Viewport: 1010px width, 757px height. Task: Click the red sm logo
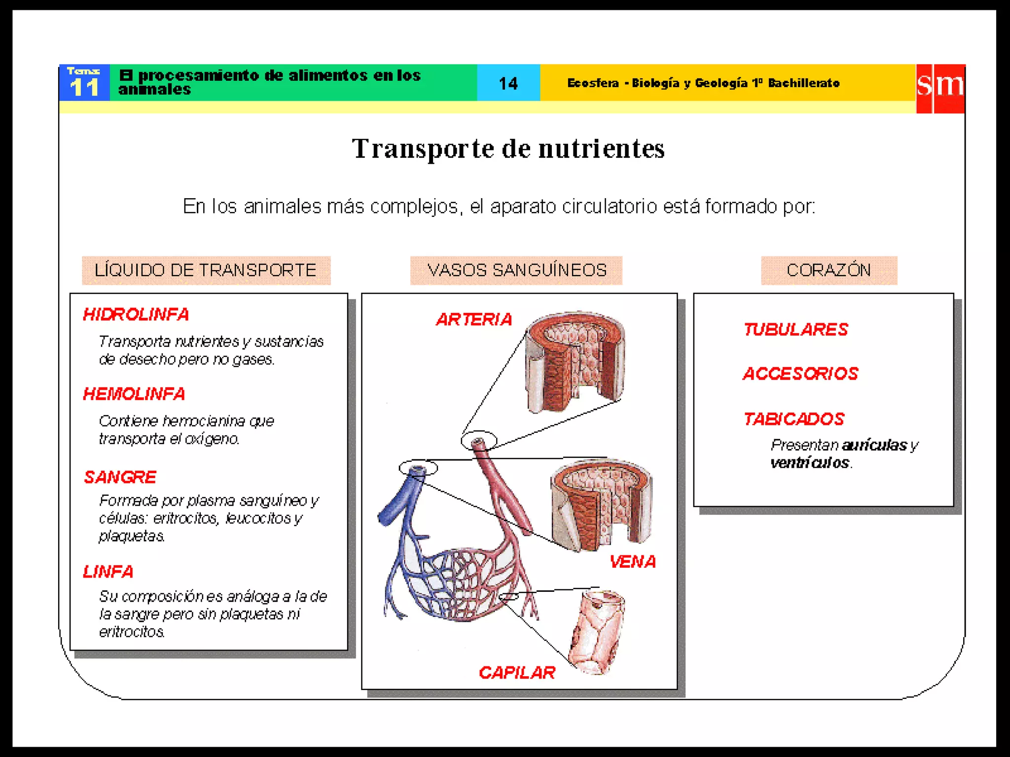(x=940, y=88)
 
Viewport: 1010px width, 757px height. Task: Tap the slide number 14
(x=508, y=83)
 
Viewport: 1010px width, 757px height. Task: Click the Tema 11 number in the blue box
(x=84, y=87)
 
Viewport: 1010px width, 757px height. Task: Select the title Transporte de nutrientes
(x=508, y=148)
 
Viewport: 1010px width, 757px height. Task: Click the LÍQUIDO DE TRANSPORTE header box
(x=206, y=270)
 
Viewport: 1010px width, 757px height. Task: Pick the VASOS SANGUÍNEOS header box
(x=516, y=270)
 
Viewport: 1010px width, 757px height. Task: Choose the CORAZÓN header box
(x=829, y=270)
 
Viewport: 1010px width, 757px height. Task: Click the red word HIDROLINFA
(x=136, y=314)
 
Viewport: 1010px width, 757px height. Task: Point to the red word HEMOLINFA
(x=134, y=394)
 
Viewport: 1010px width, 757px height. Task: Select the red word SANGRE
(x=120, y=477)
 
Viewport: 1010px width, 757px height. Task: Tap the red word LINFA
(x=108, y=572)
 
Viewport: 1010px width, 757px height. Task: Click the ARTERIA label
(x=474, y=320)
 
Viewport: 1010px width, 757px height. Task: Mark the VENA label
(x=633, y=562)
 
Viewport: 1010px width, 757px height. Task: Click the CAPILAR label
(x=517, y=673)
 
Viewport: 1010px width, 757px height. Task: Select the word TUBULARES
(x=796, y=329)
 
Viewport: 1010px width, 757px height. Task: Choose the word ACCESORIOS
(x=800, y=374)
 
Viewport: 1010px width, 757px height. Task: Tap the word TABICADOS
(x=794, y=419)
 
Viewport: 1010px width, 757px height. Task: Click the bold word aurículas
(x=874, y=445)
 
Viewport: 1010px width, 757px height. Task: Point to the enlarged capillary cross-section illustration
(x=597, y=632)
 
